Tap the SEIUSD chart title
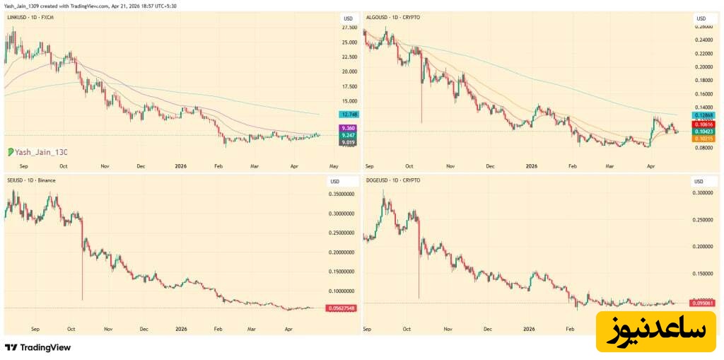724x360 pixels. [x=30, y=180]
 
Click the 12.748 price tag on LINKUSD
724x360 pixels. [x=349, y=114]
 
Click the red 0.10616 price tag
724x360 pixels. [x=704, y=123]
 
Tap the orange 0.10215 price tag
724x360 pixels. [x=704, y=139]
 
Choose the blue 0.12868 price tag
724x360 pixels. [x=704, y=115]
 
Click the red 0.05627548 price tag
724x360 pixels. [x=341, y=308]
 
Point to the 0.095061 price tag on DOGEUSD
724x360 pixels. [x=703, y=303]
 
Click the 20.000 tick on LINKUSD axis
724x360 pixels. [x=349, y=71]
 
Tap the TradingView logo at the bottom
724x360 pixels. [x=38, y=347]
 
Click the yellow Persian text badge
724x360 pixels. [x=655, y=331]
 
